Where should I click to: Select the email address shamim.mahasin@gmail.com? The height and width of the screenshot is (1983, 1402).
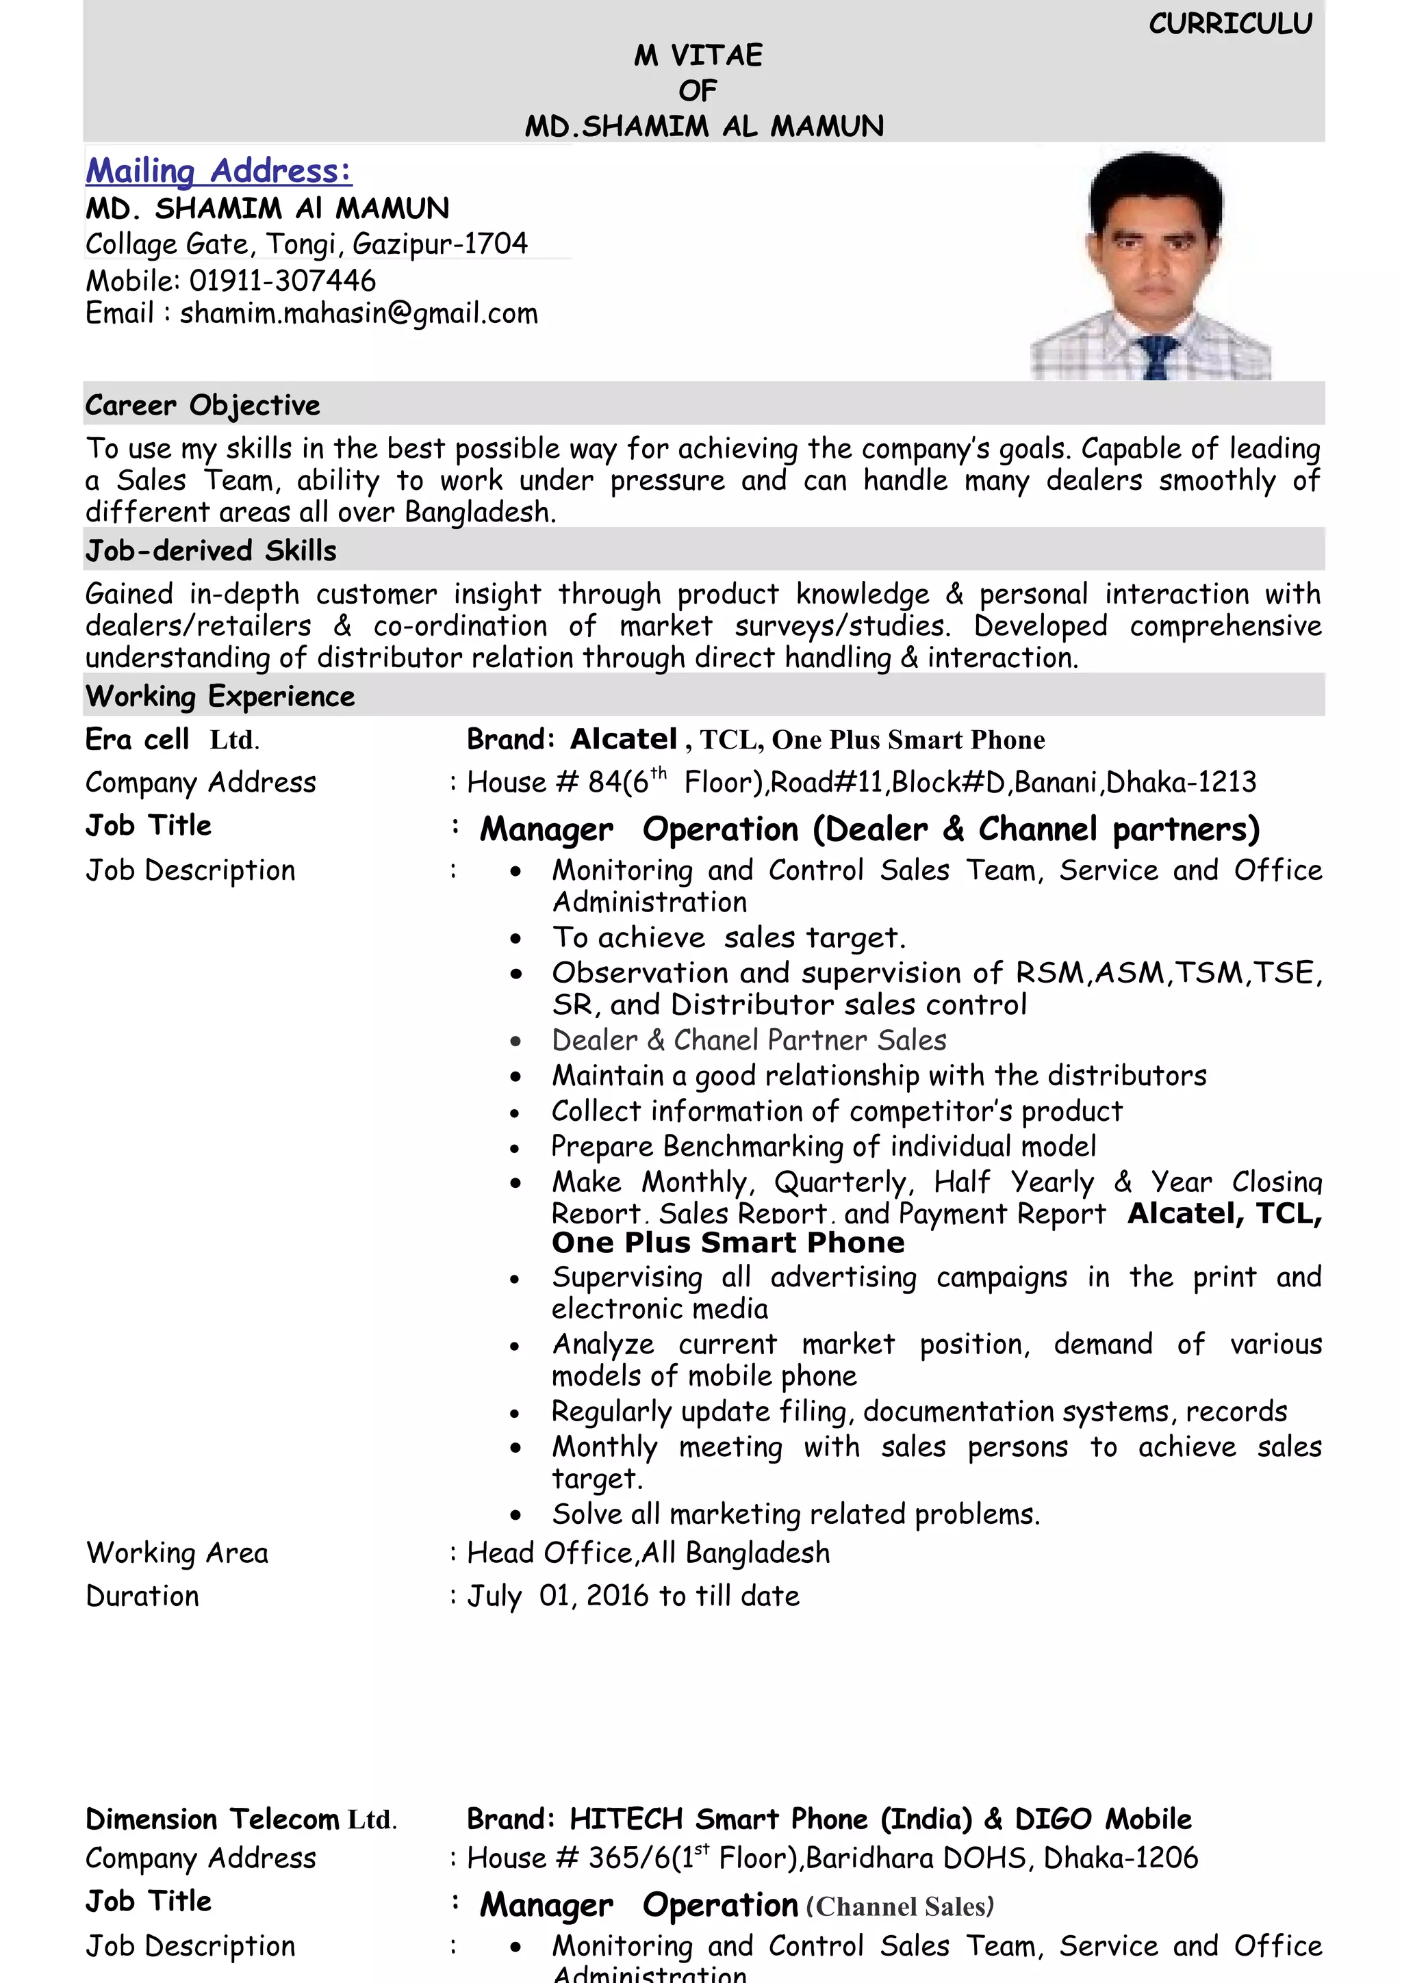point(359,313)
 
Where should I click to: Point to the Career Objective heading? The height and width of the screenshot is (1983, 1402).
point(202,405)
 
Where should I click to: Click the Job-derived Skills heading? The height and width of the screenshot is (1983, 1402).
point(211,551)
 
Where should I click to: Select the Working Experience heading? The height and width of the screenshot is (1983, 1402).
point(220,696)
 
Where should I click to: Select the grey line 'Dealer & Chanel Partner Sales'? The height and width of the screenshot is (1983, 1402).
point(749,1041)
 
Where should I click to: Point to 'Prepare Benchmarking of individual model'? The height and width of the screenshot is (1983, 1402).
point(824,1147)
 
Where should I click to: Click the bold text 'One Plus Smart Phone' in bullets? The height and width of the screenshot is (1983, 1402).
point(728,1243)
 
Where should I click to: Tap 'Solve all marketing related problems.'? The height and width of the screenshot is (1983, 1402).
point(795,1515)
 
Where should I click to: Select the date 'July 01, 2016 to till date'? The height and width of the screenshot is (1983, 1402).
point(633,1596)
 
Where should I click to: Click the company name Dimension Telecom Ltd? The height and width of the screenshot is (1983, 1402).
point(241,1819)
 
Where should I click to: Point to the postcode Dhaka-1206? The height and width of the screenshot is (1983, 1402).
point(1121,1858)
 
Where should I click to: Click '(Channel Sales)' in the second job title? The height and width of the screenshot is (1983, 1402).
point(900,1907)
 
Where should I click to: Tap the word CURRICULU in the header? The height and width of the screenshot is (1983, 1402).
point(1230,24)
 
